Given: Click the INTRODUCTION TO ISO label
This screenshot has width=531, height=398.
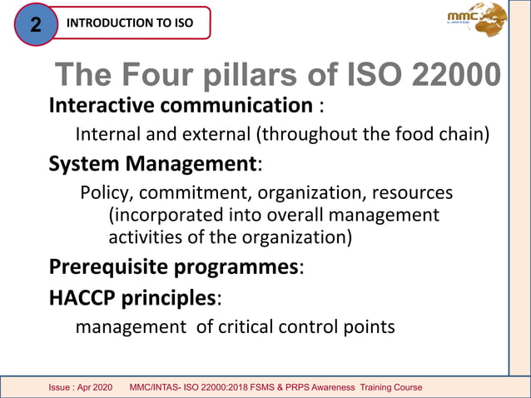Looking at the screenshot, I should coord(129,22).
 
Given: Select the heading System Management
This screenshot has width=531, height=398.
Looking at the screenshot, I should coord(152,163).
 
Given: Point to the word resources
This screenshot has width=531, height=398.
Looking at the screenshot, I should coord(411,193).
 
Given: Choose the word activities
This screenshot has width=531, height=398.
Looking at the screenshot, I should coord(146,236).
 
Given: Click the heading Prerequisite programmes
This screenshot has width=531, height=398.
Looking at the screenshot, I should coord(173,267).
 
